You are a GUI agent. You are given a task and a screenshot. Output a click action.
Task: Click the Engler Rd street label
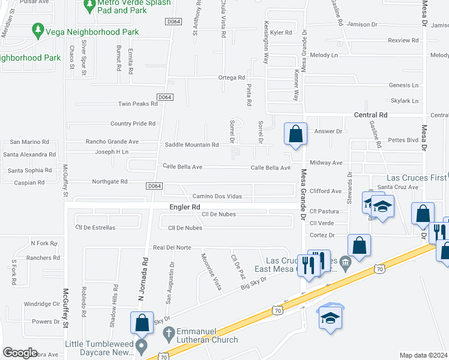(184, 206)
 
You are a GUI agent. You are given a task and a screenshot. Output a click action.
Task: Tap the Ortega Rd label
(232, 78)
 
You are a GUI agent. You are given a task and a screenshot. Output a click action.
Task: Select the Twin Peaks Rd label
(137, 104)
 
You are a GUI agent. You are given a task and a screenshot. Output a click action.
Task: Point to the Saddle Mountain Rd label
(191, 145)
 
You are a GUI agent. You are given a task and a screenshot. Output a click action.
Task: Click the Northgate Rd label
(110, 181)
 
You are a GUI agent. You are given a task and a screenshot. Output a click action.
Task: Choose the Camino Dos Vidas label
(217, 197)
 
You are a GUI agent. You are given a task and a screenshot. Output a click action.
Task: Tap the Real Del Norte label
(172, 247)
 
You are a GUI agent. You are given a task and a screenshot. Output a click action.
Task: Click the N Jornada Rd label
(143, 278)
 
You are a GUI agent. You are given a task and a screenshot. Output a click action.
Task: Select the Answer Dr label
(328, 131)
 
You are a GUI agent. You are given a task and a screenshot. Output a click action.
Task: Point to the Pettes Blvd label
(403, 140)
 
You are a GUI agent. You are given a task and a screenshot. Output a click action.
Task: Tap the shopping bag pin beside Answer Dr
(295, 134)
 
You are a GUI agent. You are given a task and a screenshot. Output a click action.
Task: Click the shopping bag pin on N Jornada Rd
(142, 322)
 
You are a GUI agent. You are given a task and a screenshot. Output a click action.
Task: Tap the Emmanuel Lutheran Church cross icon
(169, 332)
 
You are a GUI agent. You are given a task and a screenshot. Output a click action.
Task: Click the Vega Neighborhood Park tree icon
(38, 30)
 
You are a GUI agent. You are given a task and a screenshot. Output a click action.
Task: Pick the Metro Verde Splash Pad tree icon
(89, 6)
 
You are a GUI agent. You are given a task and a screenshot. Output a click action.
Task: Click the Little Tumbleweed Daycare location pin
(142, 346)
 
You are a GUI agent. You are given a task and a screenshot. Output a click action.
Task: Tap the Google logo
(20, 353)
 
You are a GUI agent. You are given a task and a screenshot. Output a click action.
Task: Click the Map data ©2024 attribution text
(424, 355)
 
